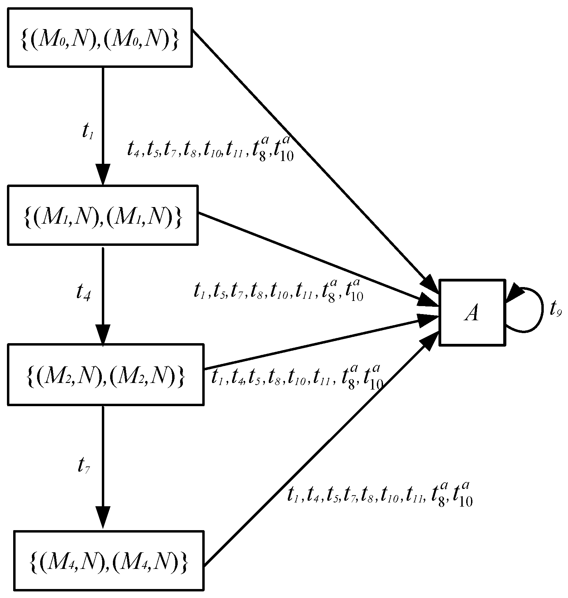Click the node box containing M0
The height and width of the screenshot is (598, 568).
[x=100, y=37]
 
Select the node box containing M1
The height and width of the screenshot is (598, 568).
[x=103, y=215]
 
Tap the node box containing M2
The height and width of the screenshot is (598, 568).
[x=105, y=374]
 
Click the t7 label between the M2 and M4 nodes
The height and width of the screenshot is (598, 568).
[x=84, y=467]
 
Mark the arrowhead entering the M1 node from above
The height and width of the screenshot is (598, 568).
[x=103, y=175]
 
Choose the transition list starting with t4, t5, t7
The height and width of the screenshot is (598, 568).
[x=210, y=150]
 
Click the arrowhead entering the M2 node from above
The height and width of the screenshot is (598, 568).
[x=103, y=334]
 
